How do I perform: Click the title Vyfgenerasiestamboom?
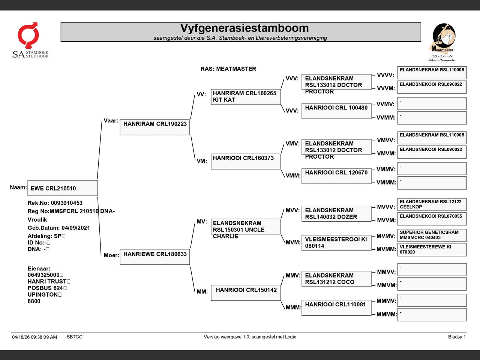[x=244, y=28]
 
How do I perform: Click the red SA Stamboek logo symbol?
[x=28, y=35]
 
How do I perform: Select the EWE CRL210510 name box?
[x=63, y=188]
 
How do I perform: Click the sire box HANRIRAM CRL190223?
[x=155, y=127]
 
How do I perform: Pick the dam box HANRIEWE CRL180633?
[x=155, y=257]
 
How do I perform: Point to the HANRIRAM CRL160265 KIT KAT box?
[x=246, y=97]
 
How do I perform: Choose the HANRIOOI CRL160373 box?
[x=246, y=161]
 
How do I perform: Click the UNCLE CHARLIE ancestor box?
[x=246, y=226]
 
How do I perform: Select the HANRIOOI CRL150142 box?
[x=246, y=292]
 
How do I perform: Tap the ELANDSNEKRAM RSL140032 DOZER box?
[x=336, y=213]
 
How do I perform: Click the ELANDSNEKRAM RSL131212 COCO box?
[x=336, y=279]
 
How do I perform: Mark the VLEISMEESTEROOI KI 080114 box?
[x=336, y=243]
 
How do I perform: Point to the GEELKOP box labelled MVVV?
[x=432, y=204]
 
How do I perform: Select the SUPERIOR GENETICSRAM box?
[x=432, y=235]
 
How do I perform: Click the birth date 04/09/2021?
[x=76, y=228]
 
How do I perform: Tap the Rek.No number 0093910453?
[x=67, y=203]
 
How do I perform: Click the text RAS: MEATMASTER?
[x=228, y=69]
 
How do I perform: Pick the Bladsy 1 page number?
[x=457, y=337]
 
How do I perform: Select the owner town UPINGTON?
[x=43, y=294]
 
